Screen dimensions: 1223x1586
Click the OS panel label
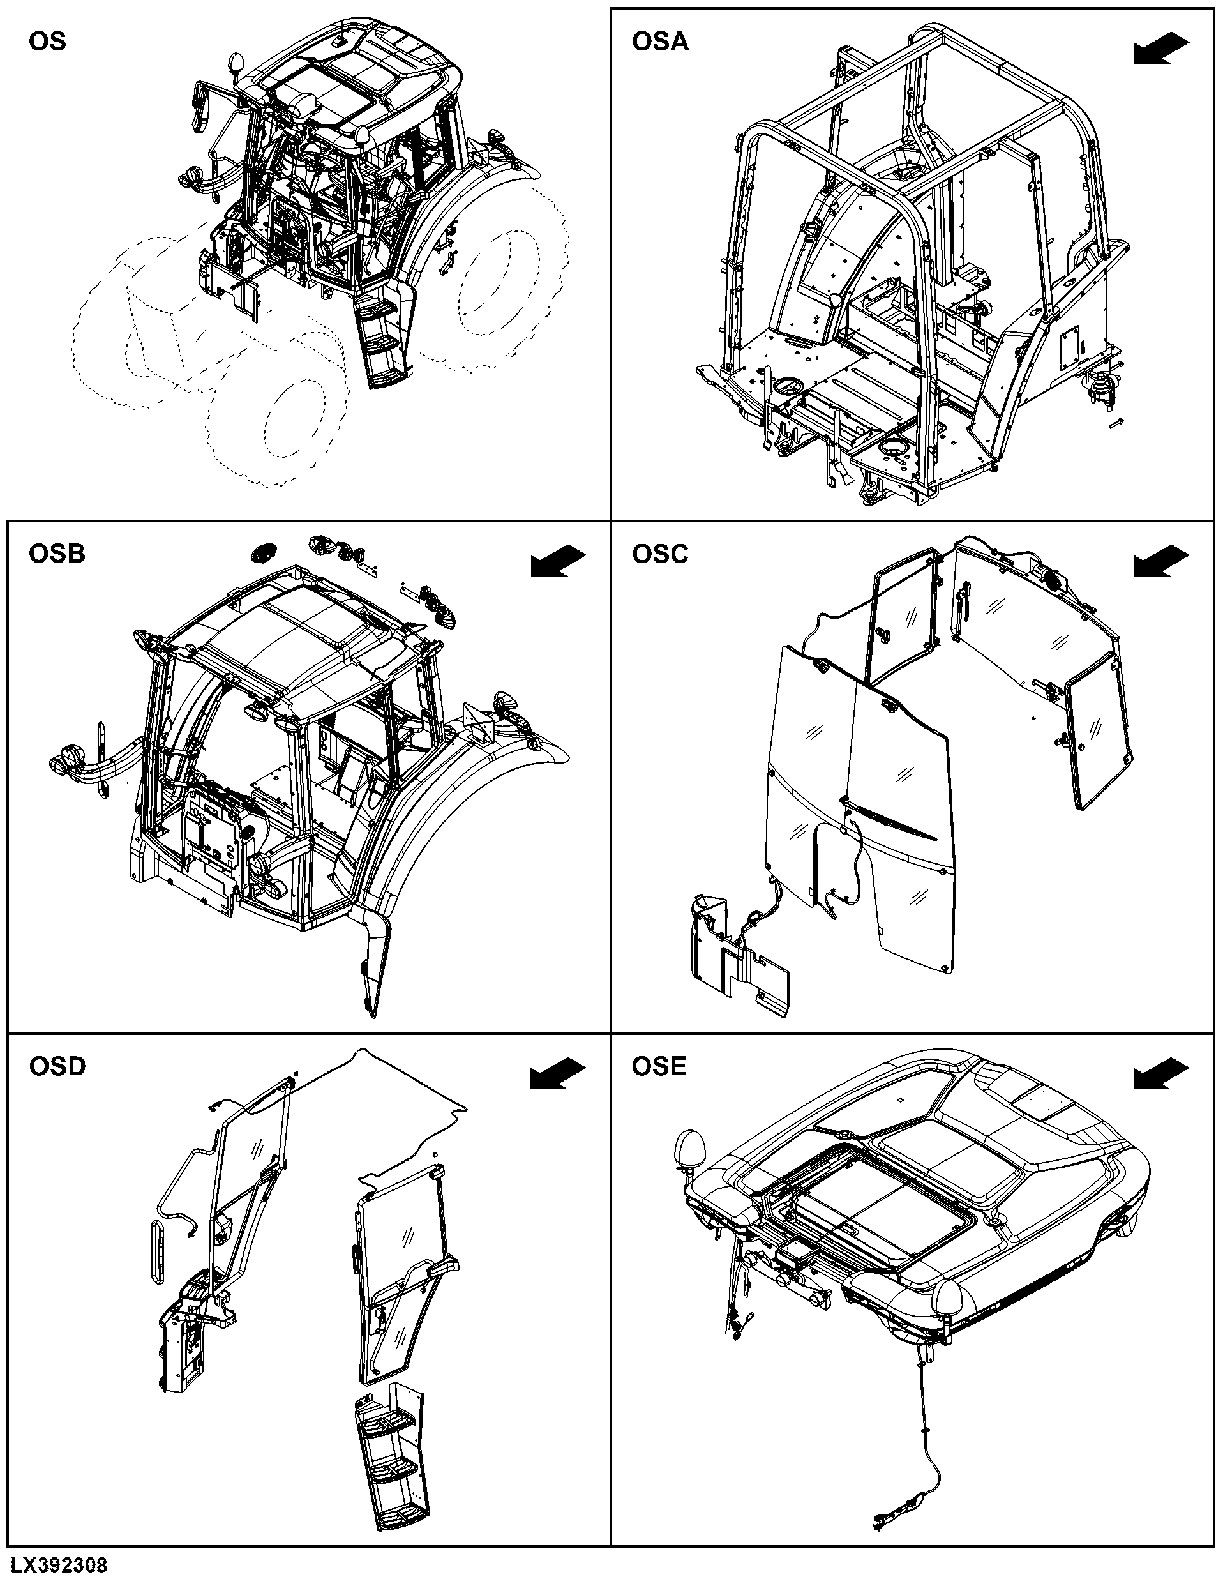47,42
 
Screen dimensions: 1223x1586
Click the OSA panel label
661,42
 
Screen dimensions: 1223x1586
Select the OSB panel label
57,554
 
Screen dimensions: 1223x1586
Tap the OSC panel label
661,554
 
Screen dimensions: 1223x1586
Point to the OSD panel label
57,1067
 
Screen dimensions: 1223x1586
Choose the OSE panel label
659,1066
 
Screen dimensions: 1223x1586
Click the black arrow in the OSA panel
1161,49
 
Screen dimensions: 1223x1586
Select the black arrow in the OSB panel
558,561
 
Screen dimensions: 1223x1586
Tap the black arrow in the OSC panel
1161,561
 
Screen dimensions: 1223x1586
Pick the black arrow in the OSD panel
558,1074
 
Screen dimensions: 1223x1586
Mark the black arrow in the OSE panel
1161,1074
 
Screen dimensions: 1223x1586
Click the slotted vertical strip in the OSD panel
158,1252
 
